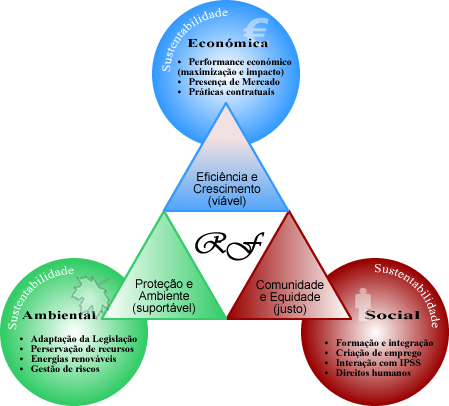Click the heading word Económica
[228, 43]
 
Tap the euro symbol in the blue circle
[256, 29]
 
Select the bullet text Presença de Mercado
[234, 82]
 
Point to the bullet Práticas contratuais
[231, 92]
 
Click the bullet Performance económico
[240, 62]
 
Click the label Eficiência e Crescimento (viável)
[227, 189]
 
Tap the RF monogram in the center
[230, 246]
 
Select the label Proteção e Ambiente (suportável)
[164, 296]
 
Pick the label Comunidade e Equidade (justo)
[290, 297]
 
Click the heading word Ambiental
[59, 315]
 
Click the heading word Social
[392, 315]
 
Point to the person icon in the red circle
[363, 303]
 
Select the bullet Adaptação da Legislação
[84, 339]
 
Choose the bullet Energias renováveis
[73, 359]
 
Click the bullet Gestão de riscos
[65, 369]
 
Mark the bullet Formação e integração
[384, 343]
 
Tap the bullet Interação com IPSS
[378, 363]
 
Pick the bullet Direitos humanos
[373, 373]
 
